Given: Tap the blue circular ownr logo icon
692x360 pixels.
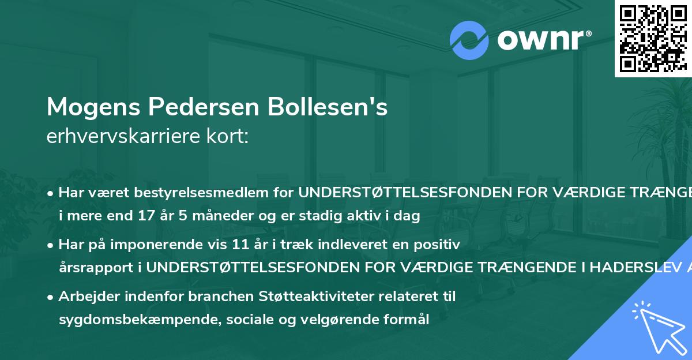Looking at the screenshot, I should (469, 40).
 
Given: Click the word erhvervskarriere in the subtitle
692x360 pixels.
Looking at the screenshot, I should (118, 136).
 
